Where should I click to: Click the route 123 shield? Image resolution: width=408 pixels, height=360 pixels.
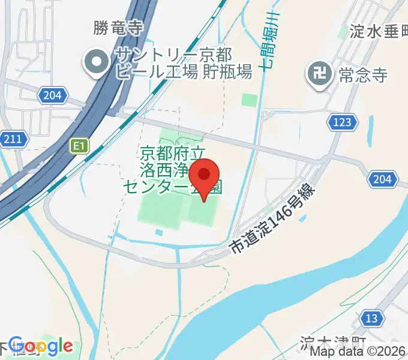point(340,122)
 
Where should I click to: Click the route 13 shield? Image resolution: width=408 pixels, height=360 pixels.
point(371,318)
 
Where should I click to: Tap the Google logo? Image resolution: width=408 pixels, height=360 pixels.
point(41,346)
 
